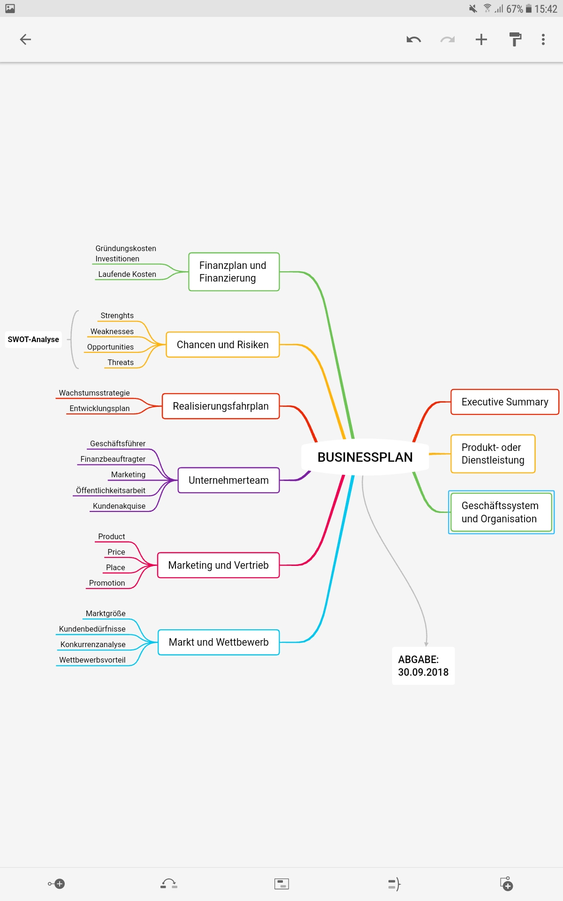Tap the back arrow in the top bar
[25, 39]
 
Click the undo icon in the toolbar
[413, 39]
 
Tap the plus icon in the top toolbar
[481, 39]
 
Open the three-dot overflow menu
[543, 39]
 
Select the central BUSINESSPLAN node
[365, 457]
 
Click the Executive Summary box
[504, 402]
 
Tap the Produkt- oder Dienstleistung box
[493, 454]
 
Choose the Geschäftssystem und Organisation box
[501, 512]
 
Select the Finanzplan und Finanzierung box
[234, 272]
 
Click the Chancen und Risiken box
[223, 344]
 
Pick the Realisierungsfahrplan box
[221, 406]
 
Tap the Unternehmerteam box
[228, 480]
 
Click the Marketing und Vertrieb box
[218, 565]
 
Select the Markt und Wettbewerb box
[219, 642]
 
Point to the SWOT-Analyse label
[33, 339]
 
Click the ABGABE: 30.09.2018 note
[423, 666]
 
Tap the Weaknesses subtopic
[112, 331]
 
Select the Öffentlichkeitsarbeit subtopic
[111, 490]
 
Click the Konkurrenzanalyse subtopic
[93, 644]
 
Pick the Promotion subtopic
[107, 583]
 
